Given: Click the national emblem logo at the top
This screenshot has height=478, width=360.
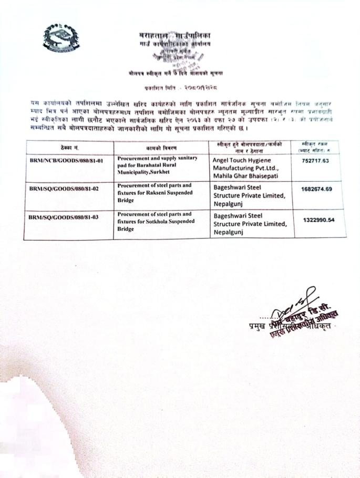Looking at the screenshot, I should pos(61,38).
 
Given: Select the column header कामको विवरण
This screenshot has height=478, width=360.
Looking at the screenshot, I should pos(161,148).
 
